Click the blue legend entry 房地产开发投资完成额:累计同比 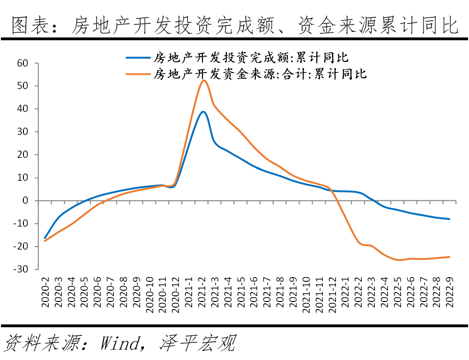tap(251, 58)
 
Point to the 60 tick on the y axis tap(22, 63)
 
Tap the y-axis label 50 tap(22, 86)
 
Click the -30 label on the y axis tap(20, 269)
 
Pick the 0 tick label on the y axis tap(25, 201)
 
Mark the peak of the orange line tap(204, 81)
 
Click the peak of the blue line tap(202, 111)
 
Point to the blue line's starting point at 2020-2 tap(45, 238)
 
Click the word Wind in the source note tap(119, 344)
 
